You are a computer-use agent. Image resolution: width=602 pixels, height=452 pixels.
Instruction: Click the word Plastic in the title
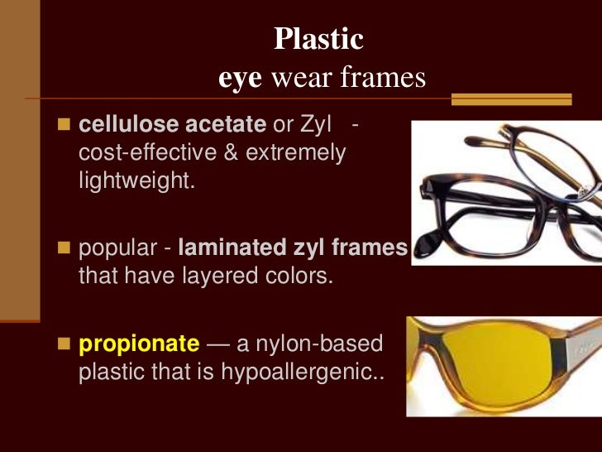click(318, 39)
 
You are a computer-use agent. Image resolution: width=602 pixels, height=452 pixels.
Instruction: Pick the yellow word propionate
click(139, 343)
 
